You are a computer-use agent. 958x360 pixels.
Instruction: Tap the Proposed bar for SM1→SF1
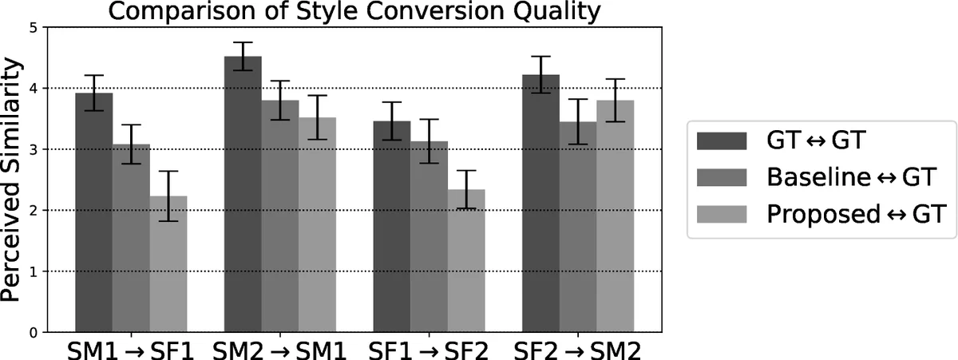168,264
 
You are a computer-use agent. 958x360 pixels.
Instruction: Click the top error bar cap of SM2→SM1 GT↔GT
243,42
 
